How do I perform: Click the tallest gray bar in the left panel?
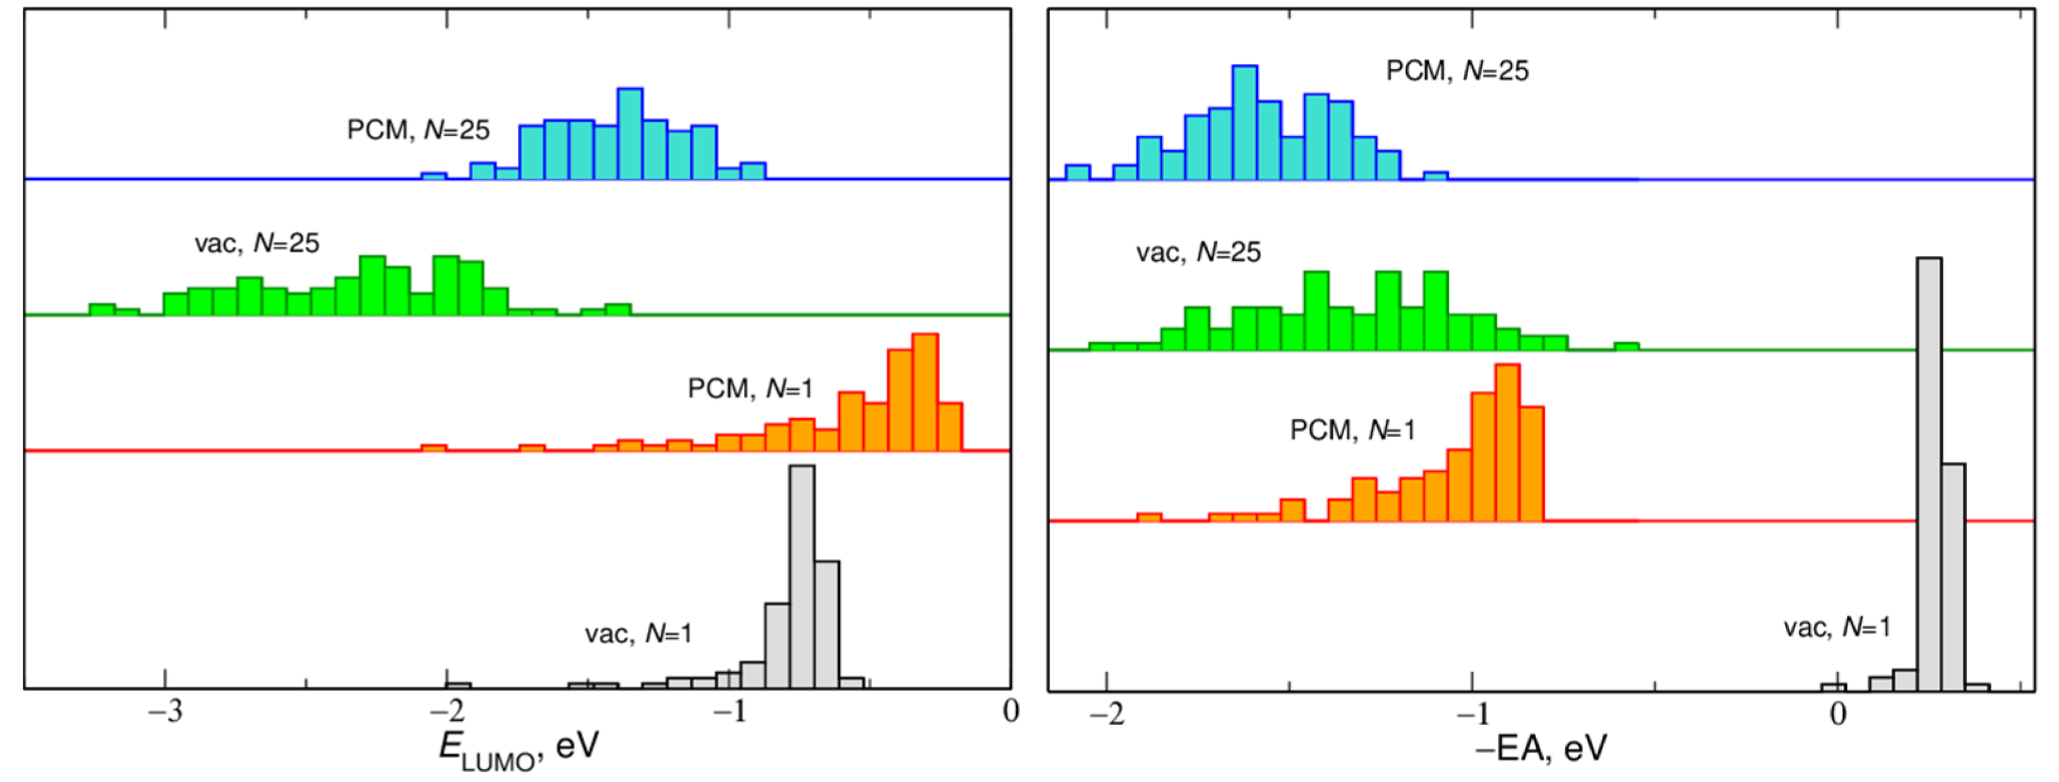(802, 575)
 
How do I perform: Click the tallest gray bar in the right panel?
(1929, 472)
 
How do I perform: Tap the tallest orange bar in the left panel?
(925, 392)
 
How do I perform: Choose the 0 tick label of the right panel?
(1837, 713)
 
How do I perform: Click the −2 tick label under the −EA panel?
(1106, 713)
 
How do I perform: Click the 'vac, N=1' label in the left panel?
(638, 634)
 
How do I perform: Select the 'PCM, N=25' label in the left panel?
(418, 129)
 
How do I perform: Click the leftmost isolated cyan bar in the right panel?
(1077, 172)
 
